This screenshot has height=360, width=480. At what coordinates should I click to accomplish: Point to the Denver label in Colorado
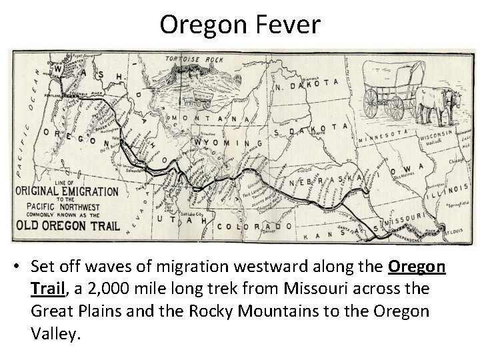click(x=269, y=234)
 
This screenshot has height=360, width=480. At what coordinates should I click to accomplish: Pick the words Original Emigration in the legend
click(x=67, y=191)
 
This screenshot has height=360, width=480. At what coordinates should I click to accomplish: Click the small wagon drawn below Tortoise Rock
click(x=196, y=100)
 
